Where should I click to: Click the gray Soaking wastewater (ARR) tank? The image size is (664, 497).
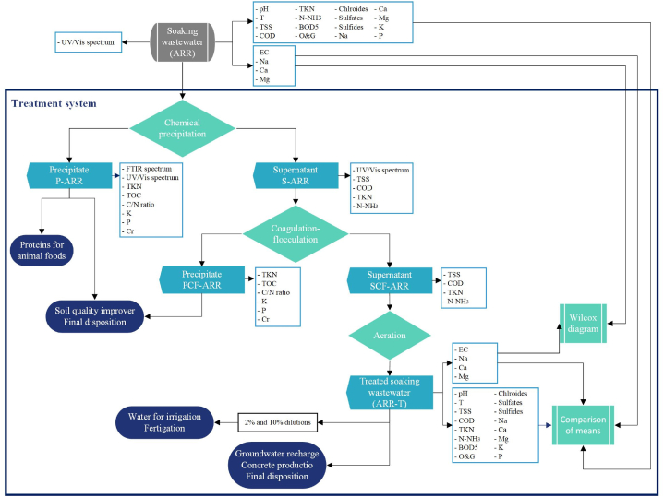[183, 42]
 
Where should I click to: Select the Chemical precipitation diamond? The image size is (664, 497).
[182, 128]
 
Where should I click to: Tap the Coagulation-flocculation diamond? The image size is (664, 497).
[296, 234]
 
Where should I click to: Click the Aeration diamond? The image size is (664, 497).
[390, 336]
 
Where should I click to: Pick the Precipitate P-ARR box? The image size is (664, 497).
[69, 175]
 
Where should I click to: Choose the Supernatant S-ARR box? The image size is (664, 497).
[296, 175]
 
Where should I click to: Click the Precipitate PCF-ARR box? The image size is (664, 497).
[202, 279]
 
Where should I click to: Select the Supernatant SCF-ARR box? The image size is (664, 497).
[390, 280]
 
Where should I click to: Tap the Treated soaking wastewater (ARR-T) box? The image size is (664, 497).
[390, 393]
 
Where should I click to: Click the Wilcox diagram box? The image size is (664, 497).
[583, 324]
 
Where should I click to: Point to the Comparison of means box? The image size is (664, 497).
[583, 425]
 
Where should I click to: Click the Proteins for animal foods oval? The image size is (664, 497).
[42, 251]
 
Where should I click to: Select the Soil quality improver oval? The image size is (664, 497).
[95, 316]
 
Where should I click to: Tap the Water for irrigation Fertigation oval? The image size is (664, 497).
[164, 422]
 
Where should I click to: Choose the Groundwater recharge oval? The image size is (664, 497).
[277, 465]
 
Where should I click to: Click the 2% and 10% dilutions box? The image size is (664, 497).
[277, 422]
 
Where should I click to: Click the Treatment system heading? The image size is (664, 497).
[54, 103]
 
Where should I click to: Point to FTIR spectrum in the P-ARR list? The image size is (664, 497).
[149, 169]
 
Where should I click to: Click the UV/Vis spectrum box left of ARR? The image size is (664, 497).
[88, 42]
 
